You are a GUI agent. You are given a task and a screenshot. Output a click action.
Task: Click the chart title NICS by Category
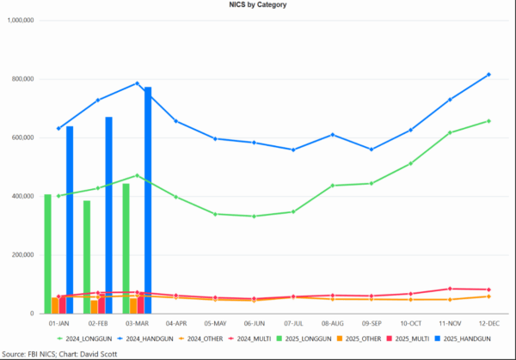coord(258,5)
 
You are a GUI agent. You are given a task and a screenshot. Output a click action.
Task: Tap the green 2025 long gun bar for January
coord(47,253)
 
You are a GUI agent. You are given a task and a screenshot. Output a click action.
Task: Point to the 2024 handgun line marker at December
coord(488,75)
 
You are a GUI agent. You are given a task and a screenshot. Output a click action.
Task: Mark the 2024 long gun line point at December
coord(488,121)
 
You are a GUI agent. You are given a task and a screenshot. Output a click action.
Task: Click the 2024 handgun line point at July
coord(293,149)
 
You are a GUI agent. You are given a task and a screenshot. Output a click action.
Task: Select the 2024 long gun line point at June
coord(254,216)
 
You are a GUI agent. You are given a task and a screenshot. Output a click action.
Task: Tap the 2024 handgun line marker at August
coord(332,135)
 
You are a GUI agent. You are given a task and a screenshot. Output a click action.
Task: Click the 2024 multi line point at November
coord(450,289)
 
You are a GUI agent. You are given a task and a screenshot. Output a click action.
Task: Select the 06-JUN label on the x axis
coord(254,324)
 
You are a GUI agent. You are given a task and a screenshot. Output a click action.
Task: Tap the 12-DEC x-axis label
coord(488,324)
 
